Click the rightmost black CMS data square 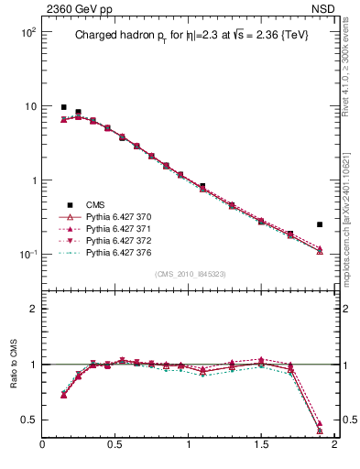[320, 224]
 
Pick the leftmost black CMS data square [63, 107]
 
